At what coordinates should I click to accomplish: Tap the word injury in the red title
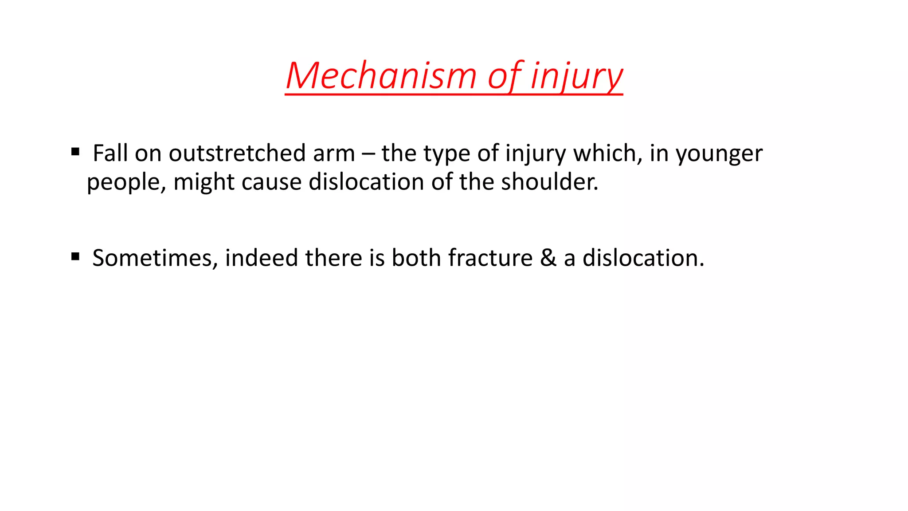pyautogui.click(x=576, y=76)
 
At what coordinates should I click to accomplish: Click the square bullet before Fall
pyautogui.click(x=75, y=152)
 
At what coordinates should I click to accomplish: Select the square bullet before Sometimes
pyautogui.click(x=75, y=256)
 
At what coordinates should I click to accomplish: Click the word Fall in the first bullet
pyautogui.click(x=110, y=153)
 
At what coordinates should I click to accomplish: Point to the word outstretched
pyautogui.click(x=237, y=153)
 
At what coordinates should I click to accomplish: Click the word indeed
pyautogui.click(x=261, y=258)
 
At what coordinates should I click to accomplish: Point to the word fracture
pyautogui.click(x=490, y=258)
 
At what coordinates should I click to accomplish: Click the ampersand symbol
pyautogui.click(x=548, y=258)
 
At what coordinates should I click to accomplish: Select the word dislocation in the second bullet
pyautogui.click(x=643, y=258)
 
